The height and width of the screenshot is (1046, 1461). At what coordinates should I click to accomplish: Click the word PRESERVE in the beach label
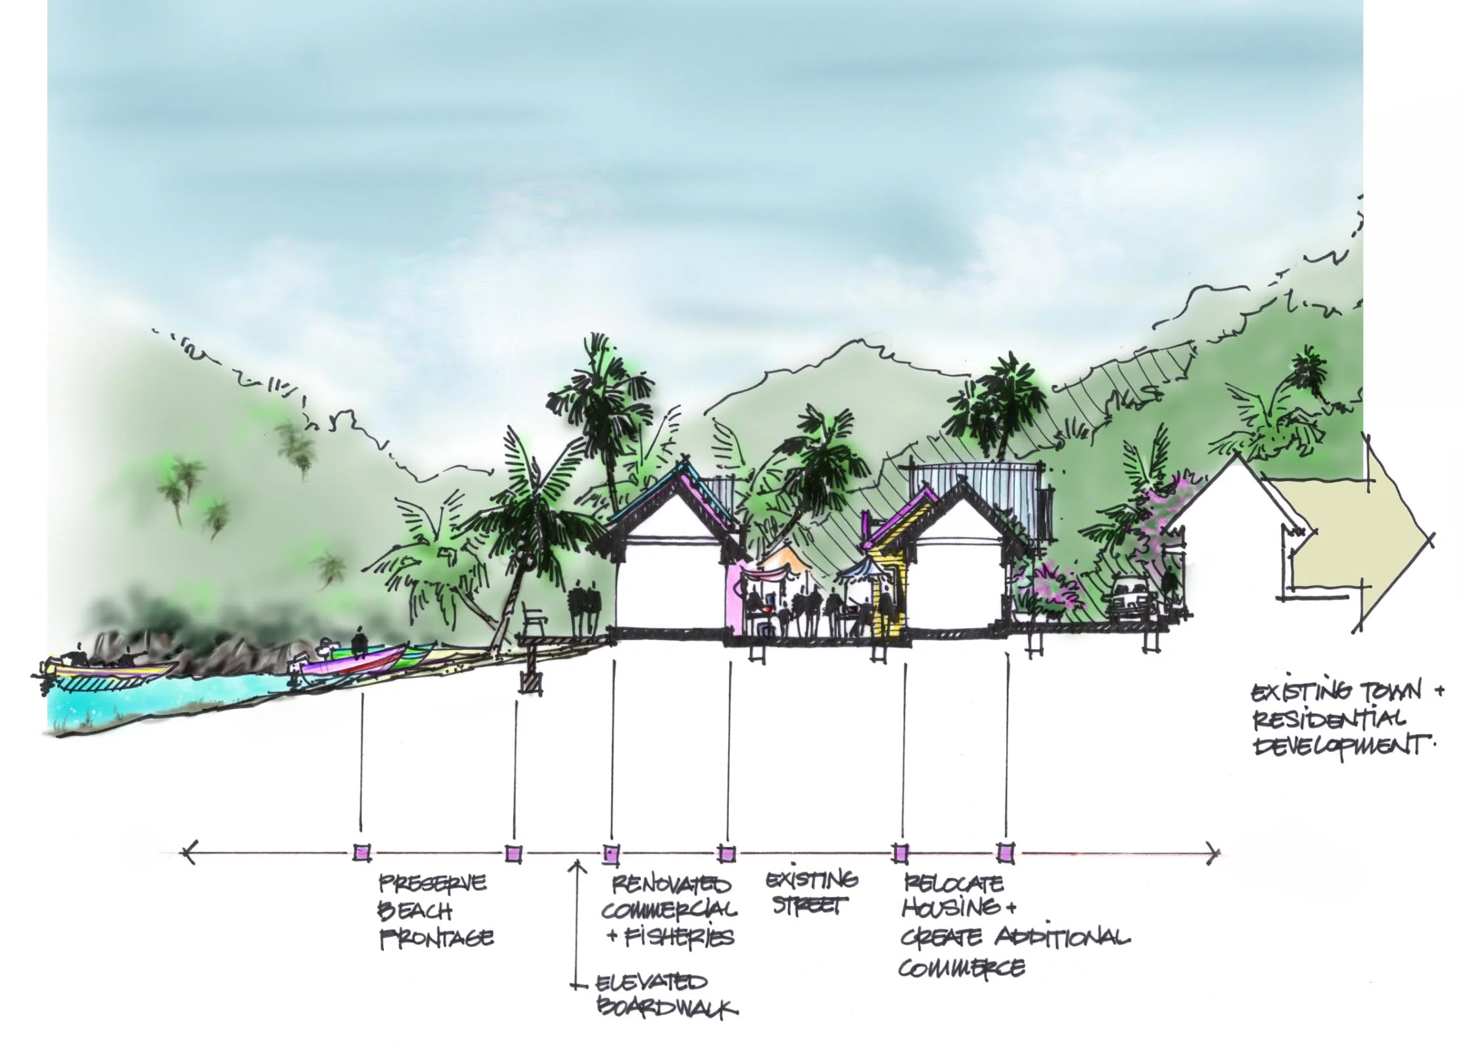[432, 882]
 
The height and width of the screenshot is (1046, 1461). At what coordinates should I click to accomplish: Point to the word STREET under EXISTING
[806, 907]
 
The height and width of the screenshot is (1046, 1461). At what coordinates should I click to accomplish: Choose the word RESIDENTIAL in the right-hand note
[1329, 719]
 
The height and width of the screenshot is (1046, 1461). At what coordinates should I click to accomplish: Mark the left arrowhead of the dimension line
[189, 853]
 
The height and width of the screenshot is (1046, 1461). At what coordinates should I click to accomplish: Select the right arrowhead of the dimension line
[1214, 853]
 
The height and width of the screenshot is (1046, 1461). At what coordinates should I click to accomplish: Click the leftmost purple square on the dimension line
[361, 853]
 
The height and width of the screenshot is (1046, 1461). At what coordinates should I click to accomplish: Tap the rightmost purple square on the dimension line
[1005, 853]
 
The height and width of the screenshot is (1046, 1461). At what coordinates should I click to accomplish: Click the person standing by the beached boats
[359, 641]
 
